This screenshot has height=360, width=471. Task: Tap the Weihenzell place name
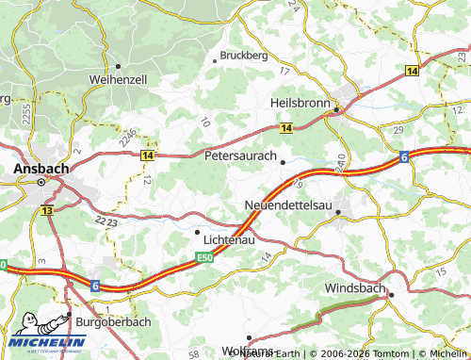point(119,81)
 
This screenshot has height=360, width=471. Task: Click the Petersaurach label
point(240,155)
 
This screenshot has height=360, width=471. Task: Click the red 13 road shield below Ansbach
point(46,211)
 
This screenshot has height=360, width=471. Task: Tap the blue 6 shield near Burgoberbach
point(95,283)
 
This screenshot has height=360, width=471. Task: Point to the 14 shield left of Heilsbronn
point(285,127)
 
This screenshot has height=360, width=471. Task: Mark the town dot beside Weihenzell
point(118,66)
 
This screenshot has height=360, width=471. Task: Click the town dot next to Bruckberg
point(216,60)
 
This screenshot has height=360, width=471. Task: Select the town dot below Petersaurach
point(283,163)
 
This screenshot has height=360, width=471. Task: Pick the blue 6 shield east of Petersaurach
point(402,155)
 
